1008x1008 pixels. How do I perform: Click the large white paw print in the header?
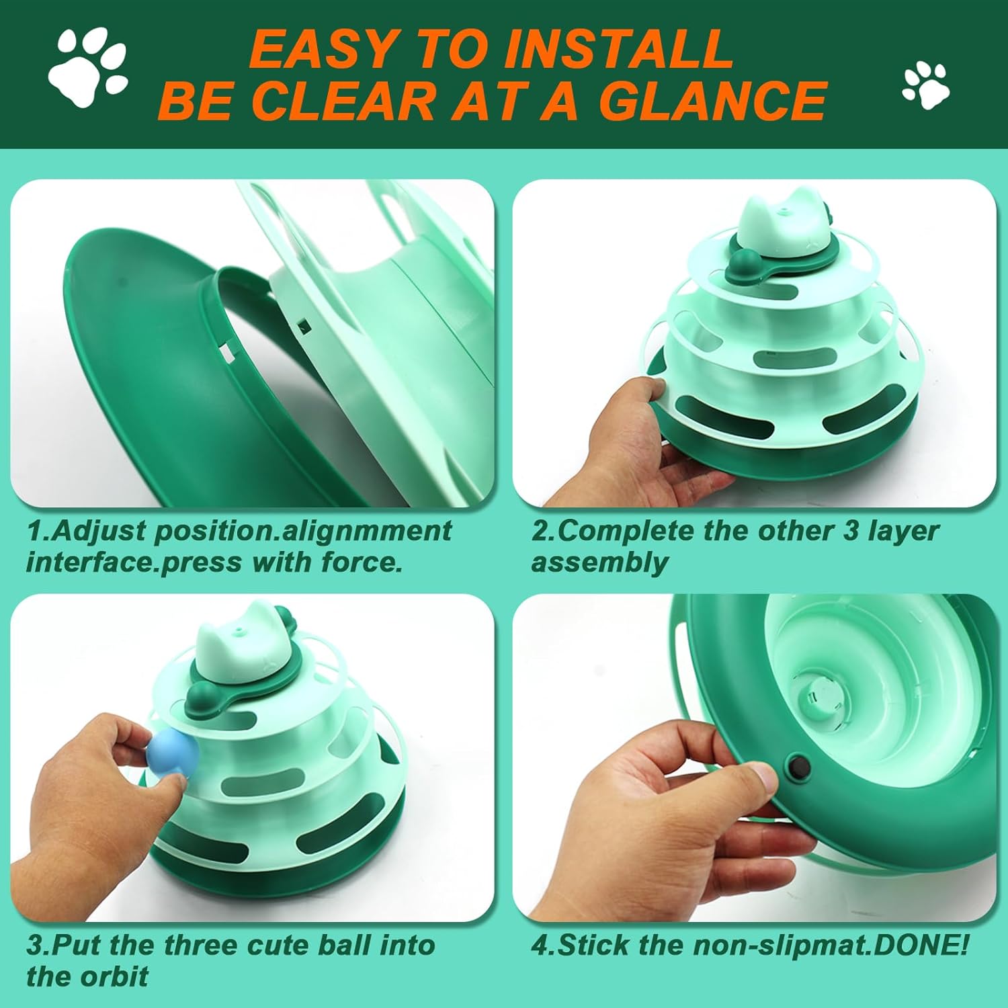[87, 66]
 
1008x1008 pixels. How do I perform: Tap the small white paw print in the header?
[925, 85]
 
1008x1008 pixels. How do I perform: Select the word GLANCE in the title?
[712, 101]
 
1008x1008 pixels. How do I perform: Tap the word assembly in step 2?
[599, 562]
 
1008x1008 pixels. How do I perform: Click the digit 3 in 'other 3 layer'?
[851, 531]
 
